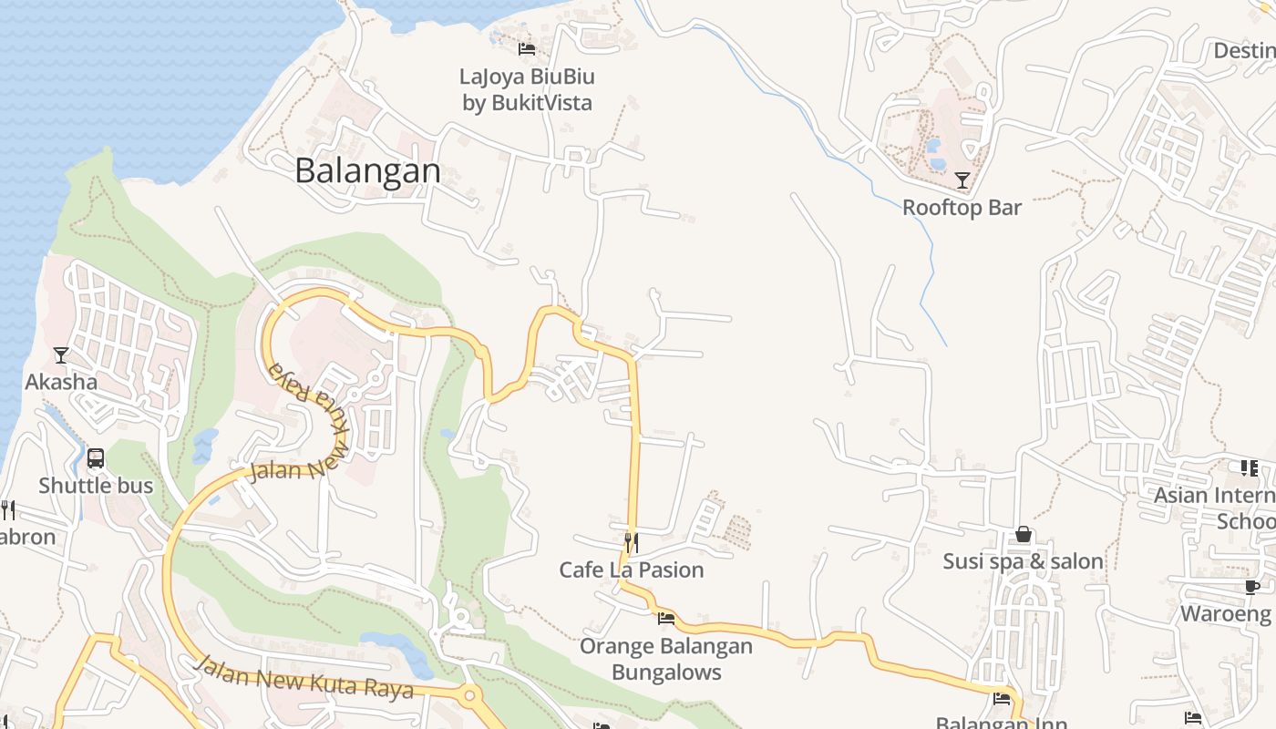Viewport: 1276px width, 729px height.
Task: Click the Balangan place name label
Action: (367, 170)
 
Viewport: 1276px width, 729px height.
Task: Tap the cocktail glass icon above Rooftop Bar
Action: (962, 180)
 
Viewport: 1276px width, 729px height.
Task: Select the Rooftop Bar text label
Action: (962, 208)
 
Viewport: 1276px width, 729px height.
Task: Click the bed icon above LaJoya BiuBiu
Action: (527, 48)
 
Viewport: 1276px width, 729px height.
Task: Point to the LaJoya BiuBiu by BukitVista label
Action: (527, 89)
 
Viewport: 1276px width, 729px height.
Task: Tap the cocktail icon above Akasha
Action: (61, 354)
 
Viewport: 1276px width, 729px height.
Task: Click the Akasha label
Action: (61, 382)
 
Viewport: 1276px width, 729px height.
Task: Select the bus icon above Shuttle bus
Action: (96, 457)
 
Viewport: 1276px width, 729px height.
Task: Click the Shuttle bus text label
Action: (96, 486)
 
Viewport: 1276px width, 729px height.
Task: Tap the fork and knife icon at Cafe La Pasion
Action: (631, 543)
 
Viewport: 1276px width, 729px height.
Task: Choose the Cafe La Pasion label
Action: (631, 570)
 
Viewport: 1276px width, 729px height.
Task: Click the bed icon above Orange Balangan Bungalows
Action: (666, 619)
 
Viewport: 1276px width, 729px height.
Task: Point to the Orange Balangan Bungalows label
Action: (666, 660)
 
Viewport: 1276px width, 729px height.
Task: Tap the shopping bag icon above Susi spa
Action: (1024, 534)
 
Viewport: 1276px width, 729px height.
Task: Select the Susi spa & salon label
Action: (1023, 561)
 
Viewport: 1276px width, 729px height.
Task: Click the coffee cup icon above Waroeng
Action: (1251, 587)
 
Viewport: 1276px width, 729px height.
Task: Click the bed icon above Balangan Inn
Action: (1002, 699)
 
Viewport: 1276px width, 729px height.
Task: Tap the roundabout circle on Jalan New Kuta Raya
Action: (470, 696)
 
